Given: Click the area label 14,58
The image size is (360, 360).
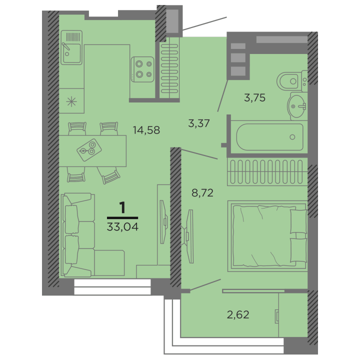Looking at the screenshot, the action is coord(146,130).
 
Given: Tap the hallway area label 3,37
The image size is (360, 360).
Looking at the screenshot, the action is coord(199,123).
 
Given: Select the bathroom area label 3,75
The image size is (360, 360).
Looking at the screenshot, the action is coord(254,97).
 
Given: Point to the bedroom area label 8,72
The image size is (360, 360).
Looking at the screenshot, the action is coord(202,193).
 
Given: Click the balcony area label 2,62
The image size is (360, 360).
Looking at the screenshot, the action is coord(238,314).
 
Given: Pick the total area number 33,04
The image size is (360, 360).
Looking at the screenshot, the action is coord(122,227).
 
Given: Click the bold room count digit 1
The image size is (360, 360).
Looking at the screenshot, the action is coord(122,207).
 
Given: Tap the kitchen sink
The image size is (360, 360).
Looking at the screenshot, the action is coord(71,47).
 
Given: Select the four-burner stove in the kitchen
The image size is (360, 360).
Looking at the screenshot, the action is coord(142,69).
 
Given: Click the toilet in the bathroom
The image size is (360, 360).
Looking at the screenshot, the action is coord(292,81).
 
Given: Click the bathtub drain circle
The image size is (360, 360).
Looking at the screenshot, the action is coord(292,137).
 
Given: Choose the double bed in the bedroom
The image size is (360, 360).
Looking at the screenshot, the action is coord(267,236).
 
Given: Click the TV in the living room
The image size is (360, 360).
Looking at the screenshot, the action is coord(163,222).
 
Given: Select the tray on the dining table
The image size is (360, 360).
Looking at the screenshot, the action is coord(89,150).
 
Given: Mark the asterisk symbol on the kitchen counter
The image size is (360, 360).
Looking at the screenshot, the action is coord(71,101).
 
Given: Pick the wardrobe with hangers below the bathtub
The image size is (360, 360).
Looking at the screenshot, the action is coord(267,171).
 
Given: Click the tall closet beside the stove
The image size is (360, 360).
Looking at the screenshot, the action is coord(169,68).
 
